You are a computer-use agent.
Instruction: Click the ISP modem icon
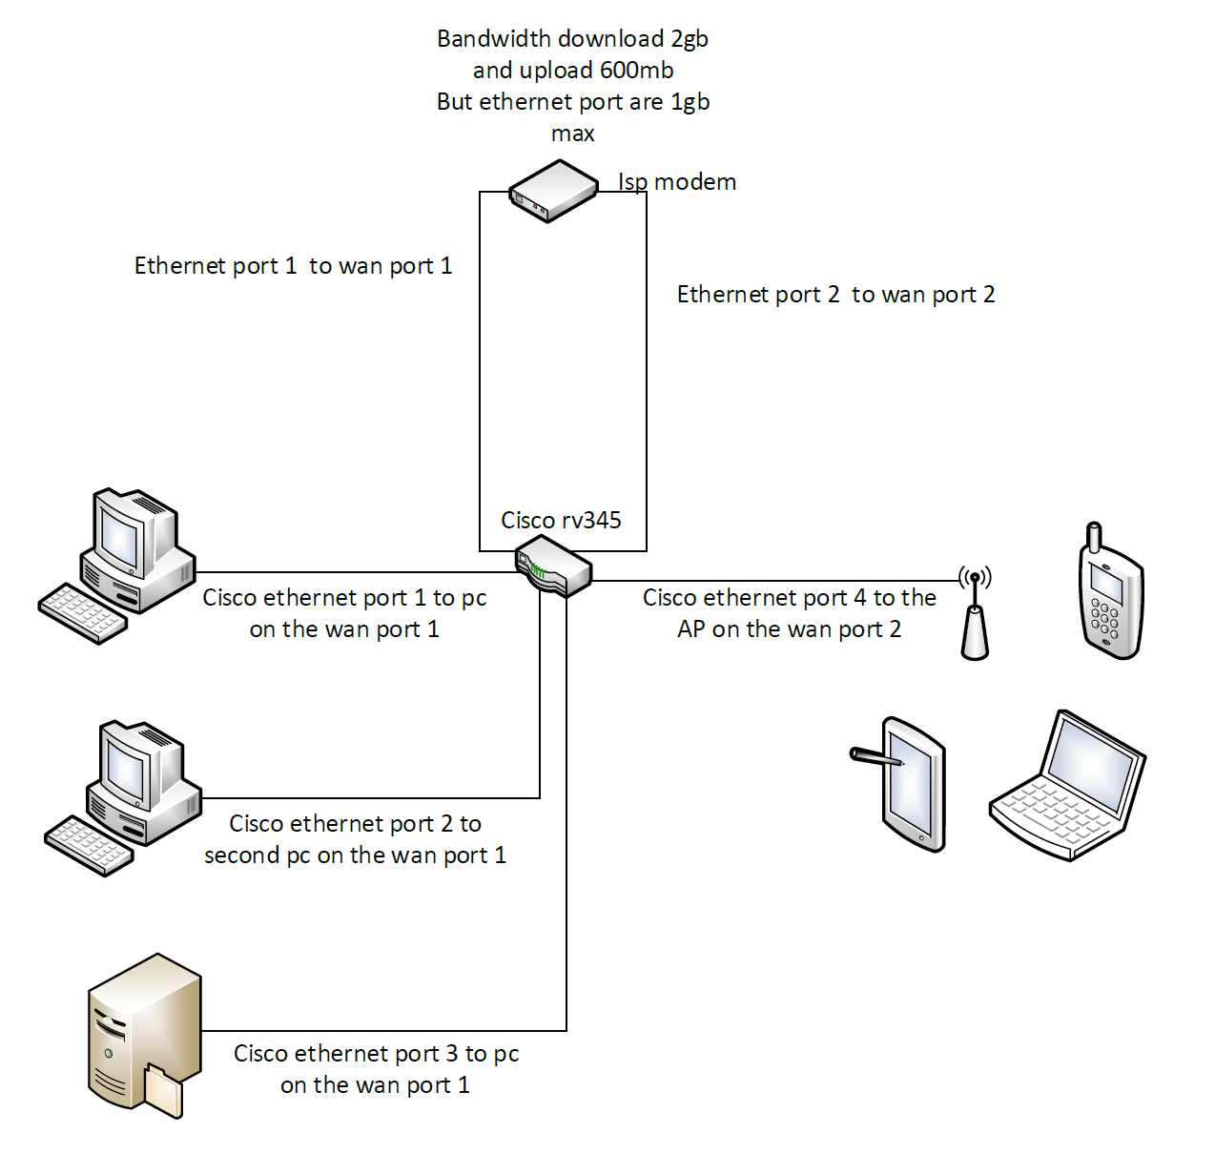point(552,192)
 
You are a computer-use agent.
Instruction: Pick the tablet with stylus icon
point(911,784)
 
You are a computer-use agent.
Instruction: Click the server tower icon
point(144,1034)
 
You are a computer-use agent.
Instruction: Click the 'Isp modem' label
point(676,182)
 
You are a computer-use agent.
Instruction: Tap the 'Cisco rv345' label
point(561,520)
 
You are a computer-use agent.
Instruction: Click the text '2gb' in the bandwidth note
point(689,39)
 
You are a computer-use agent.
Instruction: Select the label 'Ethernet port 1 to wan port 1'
point(293,266)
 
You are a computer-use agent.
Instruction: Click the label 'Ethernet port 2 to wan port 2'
point(835,295)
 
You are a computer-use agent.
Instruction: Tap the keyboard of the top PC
point(83,613)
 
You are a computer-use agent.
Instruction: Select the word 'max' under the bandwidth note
point(572,134)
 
